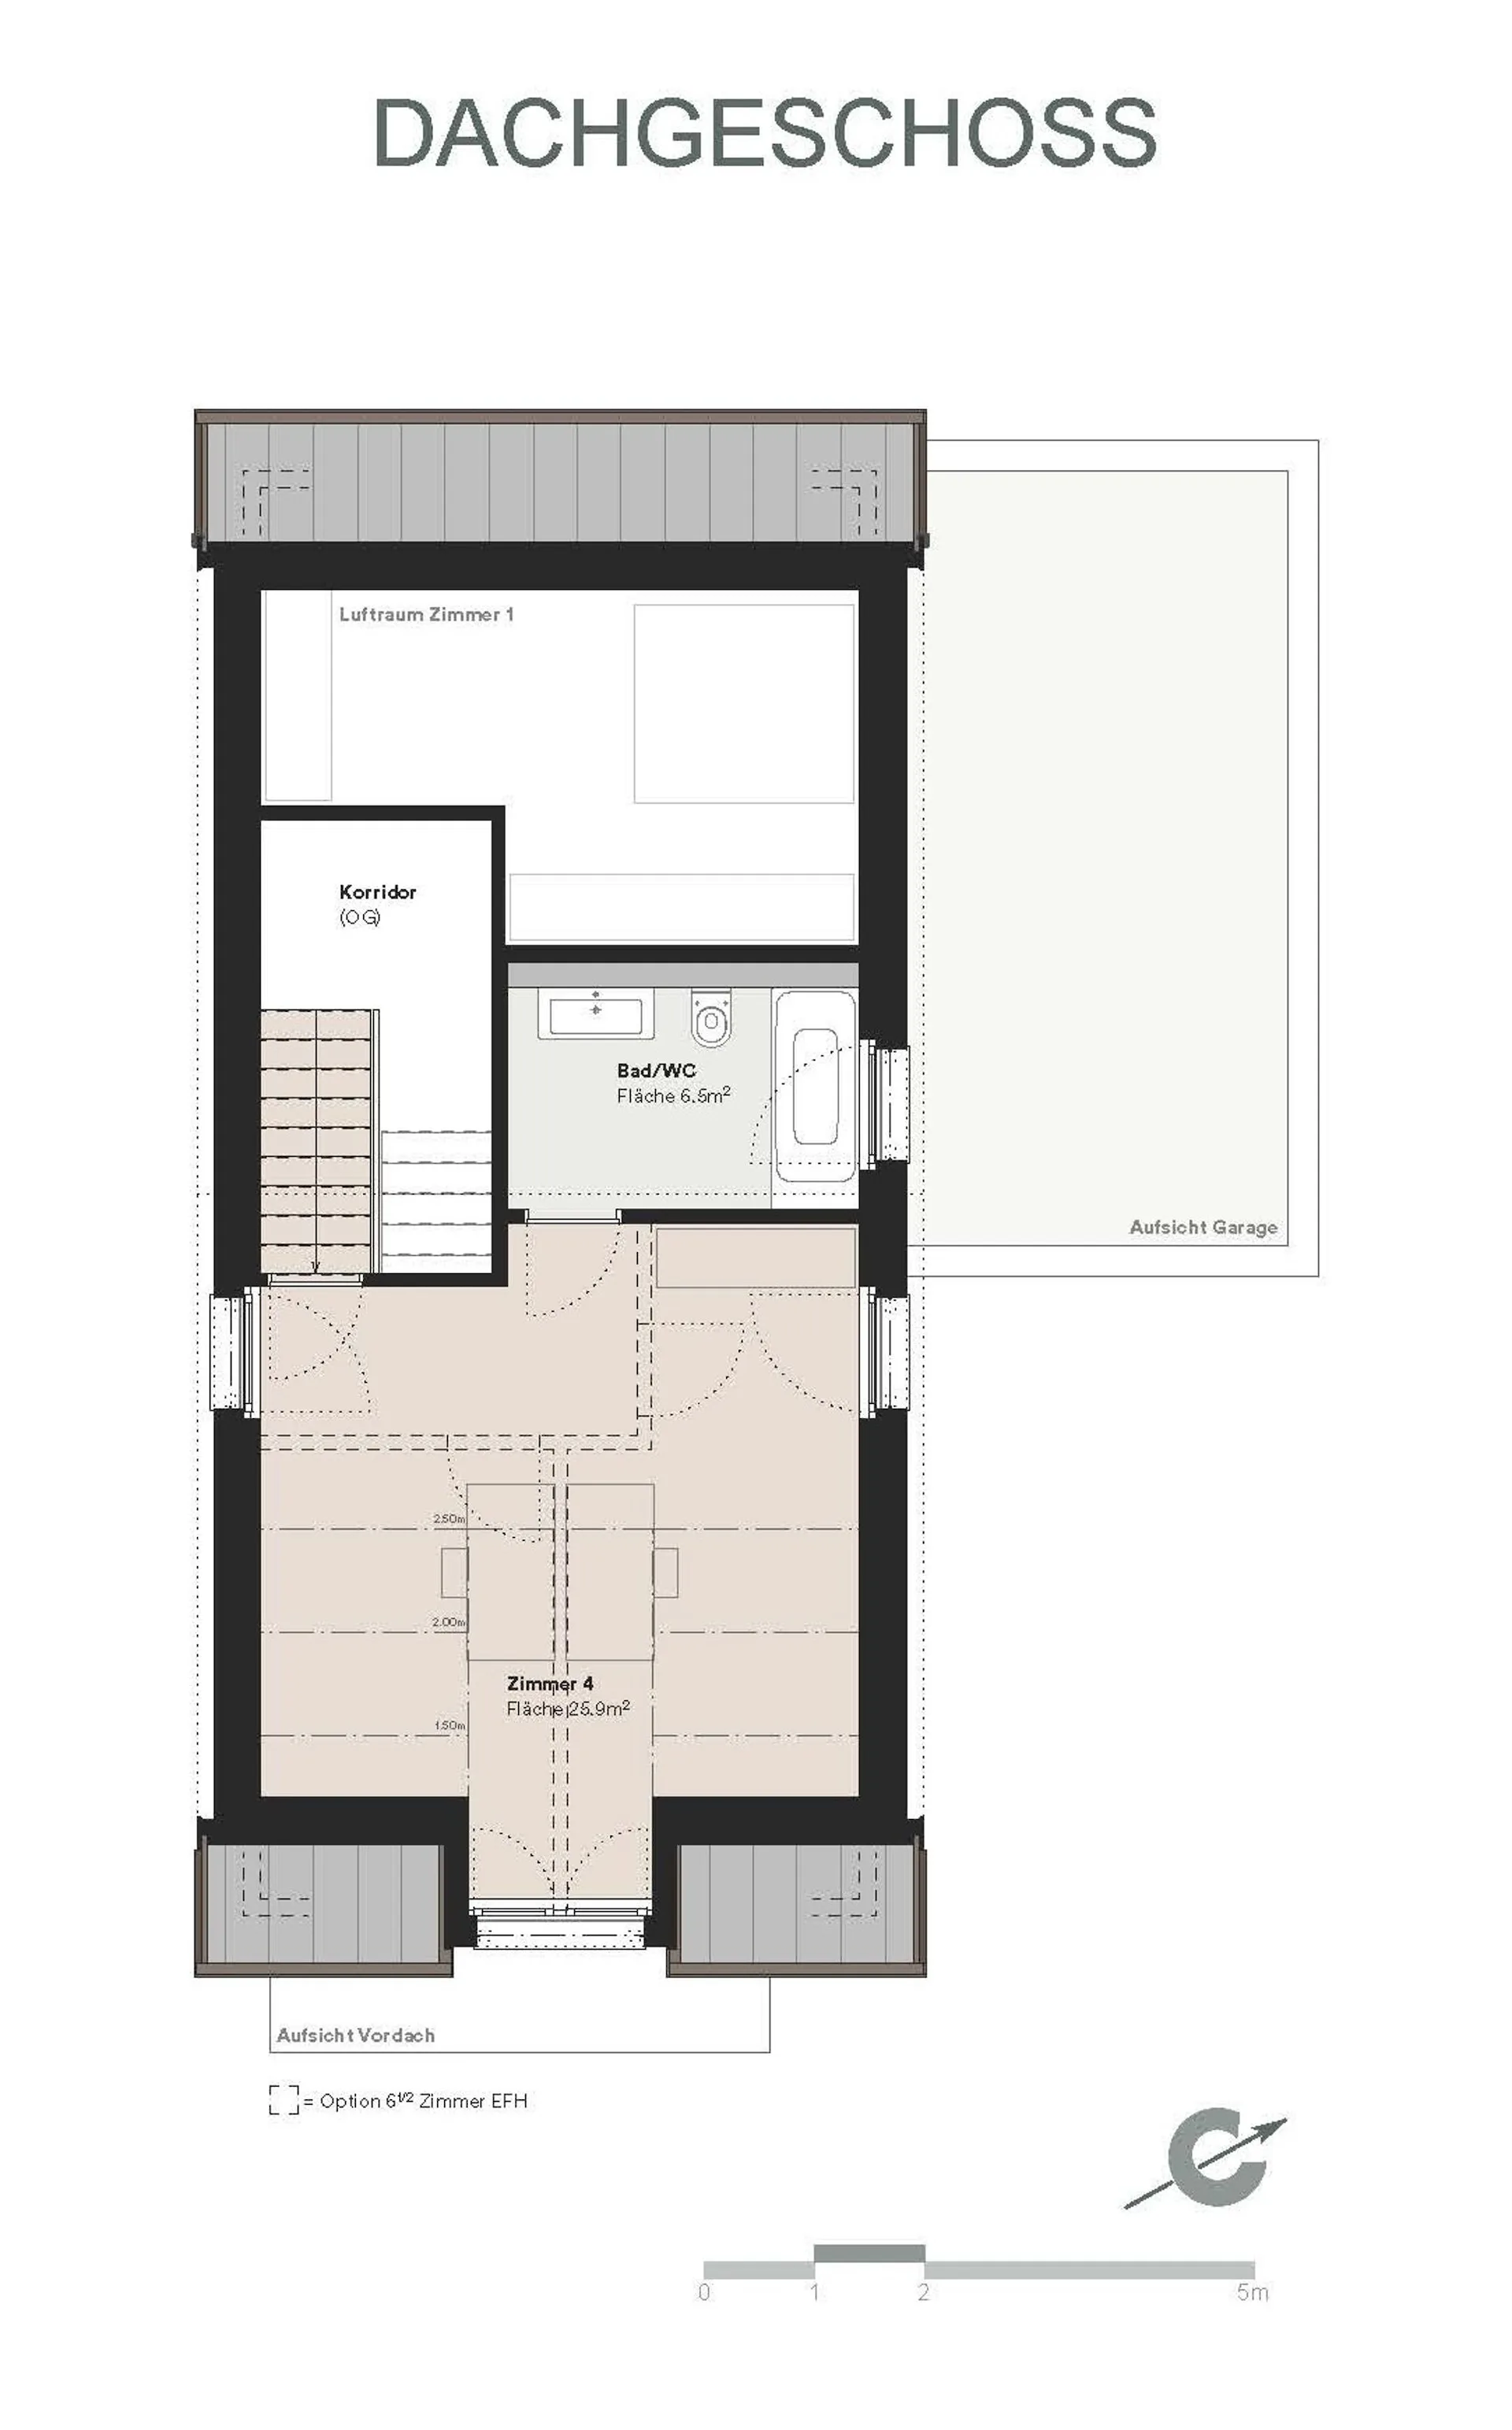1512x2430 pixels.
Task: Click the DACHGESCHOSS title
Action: tap(765, 132)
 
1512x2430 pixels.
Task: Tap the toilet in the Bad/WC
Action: tap(711, 1017)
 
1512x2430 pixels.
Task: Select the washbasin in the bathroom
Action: tap(596, 1013)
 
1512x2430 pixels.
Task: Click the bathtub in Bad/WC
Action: tap(815, 1086)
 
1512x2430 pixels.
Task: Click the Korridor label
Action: tap(377, 891)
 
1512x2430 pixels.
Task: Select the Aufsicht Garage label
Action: tap(1203, 1227)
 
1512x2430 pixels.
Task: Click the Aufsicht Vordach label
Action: tap(355, 2035)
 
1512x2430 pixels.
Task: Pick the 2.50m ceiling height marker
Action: tap(449, 1518)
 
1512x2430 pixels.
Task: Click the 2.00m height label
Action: tap(449, 1621)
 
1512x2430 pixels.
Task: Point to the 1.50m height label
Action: tap(449, 1725)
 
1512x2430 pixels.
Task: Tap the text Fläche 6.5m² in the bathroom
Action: tap(673, 1095)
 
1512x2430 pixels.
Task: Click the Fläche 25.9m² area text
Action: tap(568, 1708)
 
